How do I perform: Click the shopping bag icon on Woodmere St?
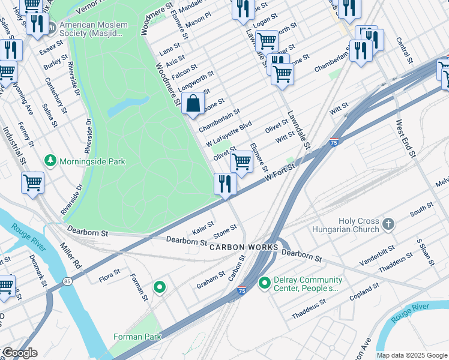coord(193,103)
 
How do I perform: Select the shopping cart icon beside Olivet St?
coord(241,161)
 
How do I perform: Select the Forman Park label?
coord(137,337)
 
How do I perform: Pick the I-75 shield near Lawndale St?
coord(333,142)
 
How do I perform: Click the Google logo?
coord(19,353)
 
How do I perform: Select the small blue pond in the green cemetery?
coord(129,105)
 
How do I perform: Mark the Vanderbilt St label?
coord(377,256)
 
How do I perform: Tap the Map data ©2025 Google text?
coord(412,355)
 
